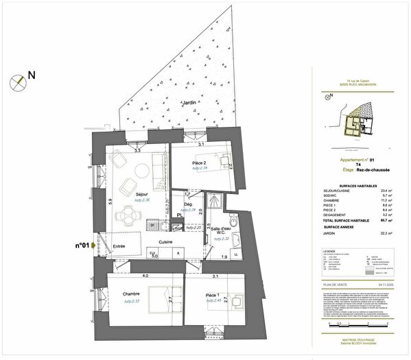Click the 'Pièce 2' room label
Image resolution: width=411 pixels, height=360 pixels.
pos(200,163)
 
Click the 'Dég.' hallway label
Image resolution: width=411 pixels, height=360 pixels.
pos(188,204)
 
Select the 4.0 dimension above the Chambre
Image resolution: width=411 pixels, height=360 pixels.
pos(145,276)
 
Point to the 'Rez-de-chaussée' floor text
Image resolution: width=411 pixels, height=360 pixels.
pos(364,178)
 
